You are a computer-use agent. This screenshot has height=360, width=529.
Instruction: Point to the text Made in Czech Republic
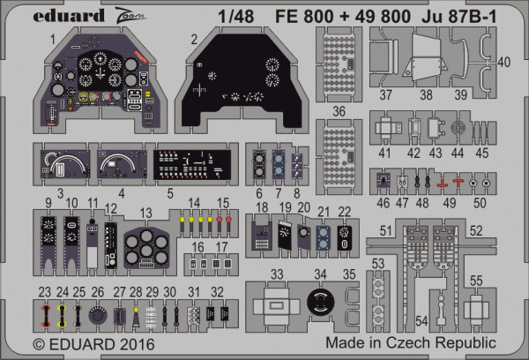[x=410, y=342]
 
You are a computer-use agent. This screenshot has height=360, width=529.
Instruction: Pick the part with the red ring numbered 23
[x=45, y=313]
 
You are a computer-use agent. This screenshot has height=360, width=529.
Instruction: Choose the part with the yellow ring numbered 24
[x=63, y=313]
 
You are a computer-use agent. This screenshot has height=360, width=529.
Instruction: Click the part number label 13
[x=146, y=213]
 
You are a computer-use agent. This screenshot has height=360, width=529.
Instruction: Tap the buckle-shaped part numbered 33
[x=276, y=308]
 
